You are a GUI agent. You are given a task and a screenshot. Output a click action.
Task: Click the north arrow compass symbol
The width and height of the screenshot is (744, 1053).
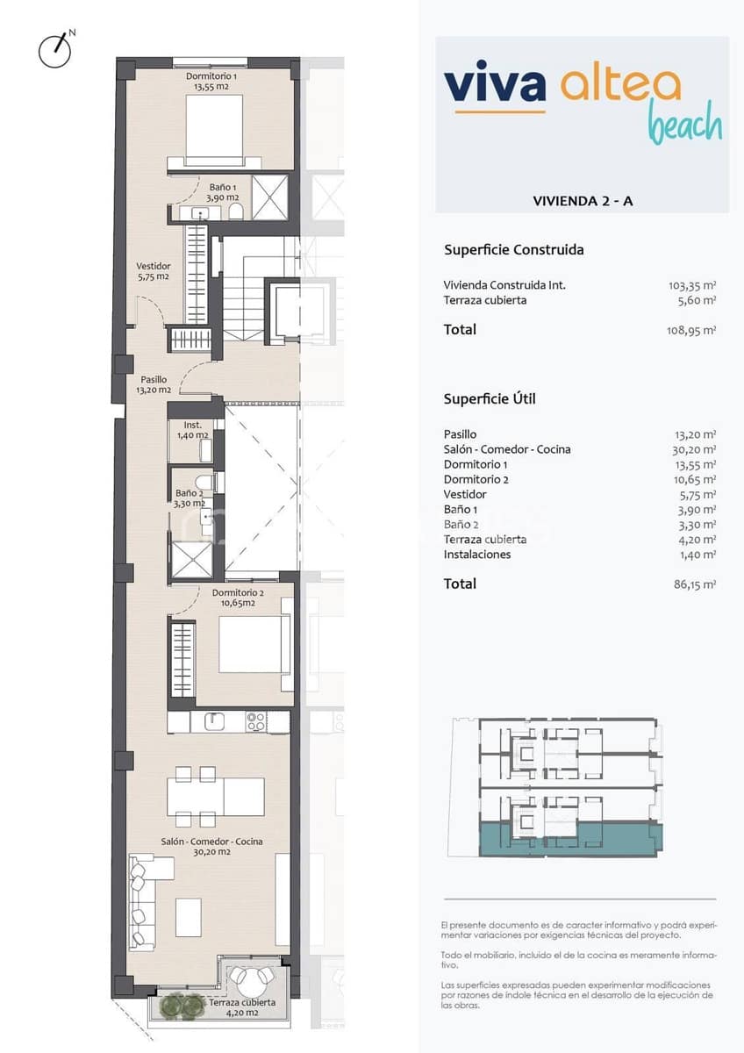pos(55,50)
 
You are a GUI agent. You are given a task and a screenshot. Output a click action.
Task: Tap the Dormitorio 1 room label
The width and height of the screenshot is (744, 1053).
pos(211,82)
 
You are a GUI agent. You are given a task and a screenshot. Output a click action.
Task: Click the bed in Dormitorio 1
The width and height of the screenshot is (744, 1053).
pos(214,127)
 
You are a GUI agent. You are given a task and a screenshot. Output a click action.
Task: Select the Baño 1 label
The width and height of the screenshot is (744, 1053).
pos(221,192)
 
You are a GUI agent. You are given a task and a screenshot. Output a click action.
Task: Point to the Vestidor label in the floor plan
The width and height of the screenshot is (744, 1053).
pos(153,270)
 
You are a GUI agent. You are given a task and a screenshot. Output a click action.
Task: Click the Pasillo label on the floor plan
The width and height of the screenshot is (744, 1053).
pos(153,384)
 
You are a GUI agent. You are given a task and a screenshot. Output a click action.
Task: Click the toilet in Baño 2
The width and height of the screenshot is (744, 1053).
pos(204,484)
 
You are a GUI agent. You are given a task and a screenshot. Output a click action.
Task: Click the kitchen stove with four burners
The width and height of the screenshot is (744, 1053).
pos(256,721)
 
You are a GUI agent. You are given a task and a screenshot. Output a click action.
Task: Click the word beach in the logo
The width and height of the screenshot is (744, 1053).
pos(684,125)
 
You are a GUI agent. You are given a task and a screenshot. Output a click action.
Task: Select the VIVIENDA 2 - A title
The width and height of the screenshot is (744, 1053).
pos(583,201)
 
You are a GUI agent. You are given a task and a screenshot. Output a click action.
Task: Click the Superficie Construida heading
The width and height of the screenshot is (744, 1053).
pos(513,250)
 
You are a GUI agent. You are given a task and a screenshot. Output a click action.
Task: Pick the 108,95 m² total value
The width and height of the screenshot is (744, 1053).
pos(691,331)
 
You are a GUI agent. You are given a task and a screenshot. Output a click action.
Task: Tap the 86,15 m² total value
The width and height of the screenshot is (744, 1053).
pos(694,584)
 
